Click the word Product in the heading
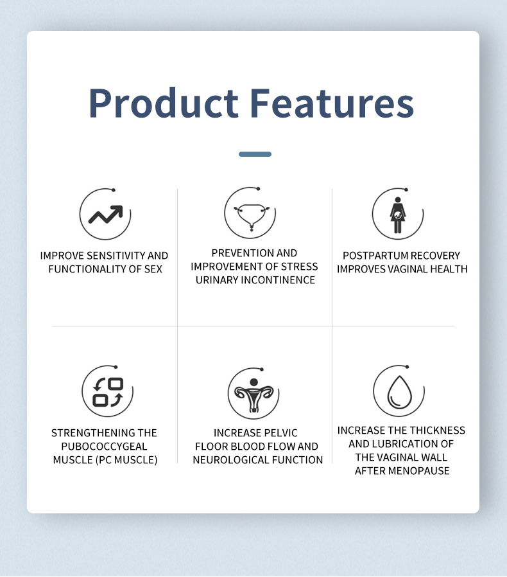(x=164, y=103)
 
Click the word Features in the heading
(x=332, y=103)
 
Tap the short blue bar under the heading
(x=255, y=154)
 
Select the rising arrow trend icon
(x=105, y=215)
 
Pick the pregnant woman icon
(x=398, y=215)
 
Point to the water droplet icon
(x=399, y=392)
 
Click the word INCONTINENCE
(x=282, y=280)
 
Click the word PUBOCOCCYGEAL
(x=104, y=447)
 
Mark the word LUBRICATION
(x=407, y=444)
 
